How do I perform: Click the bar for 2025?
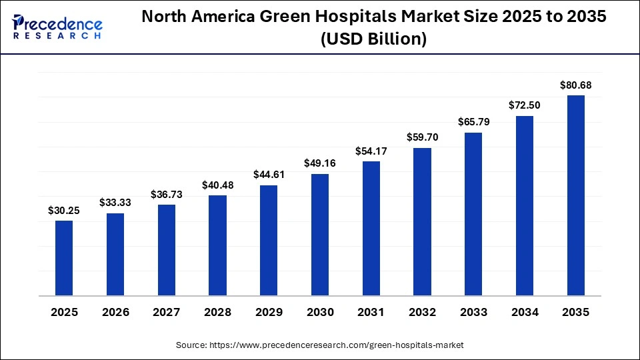(x=64, y=258)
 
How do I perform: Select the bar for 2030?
(x=320, y=235)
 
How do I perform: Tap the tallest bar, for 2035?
(x=575, y=195)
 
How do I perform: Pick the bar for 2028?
(x=217, y=245)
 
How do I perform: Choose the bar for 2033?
(x=473, y=214)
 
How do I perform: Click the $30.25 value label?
(x=64, y=210)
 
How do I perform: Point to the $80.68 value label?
(x=575, y=85)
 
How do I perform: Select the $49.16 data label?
(x=320, y=163)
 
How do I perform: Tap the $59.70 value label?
(x=422, y=137)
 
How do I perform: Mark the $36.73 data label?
(x=167, y=194)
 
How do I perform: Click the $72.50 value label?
(x=525, y=105)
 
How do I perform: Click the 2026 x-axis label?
(x=115, y=312)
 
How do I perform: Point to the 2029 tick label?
(x=269, y=312)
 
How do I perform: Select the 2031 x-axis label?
(x=371, y=312)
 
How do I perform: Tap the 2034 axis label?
(x=525, y=312)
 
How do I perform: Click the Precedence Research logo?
(x=57, y=27)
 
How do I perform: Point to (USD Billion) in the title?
(x=373, y=39)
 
